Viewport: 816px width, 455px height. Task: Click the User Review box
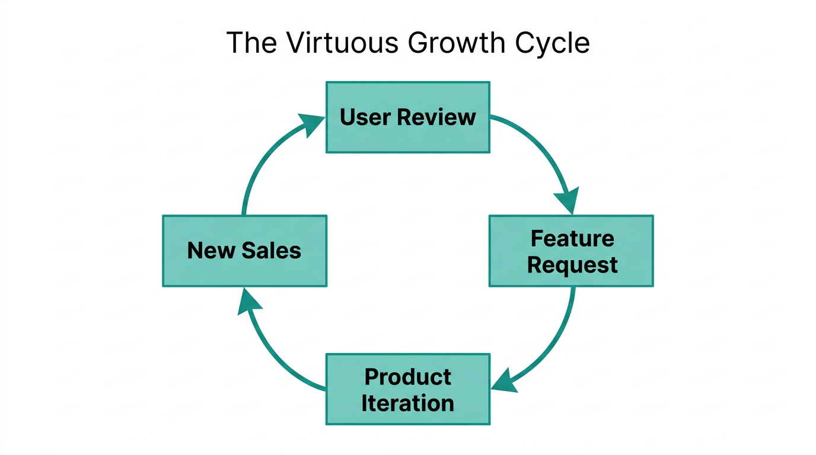408,117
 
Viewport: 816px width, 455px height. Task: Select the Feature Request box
571,251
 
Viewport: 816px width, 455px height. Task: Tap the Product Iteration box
408,389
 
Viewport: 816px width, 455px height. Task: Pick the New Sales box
244,251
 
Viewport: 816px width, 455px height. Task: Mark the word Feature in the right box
572,238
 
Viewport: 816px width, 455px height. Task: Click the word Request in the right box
572,264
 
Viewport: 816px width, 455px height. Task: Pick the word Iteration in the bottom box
408,403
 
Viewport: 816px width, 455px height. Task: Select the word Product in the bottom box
408,377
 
